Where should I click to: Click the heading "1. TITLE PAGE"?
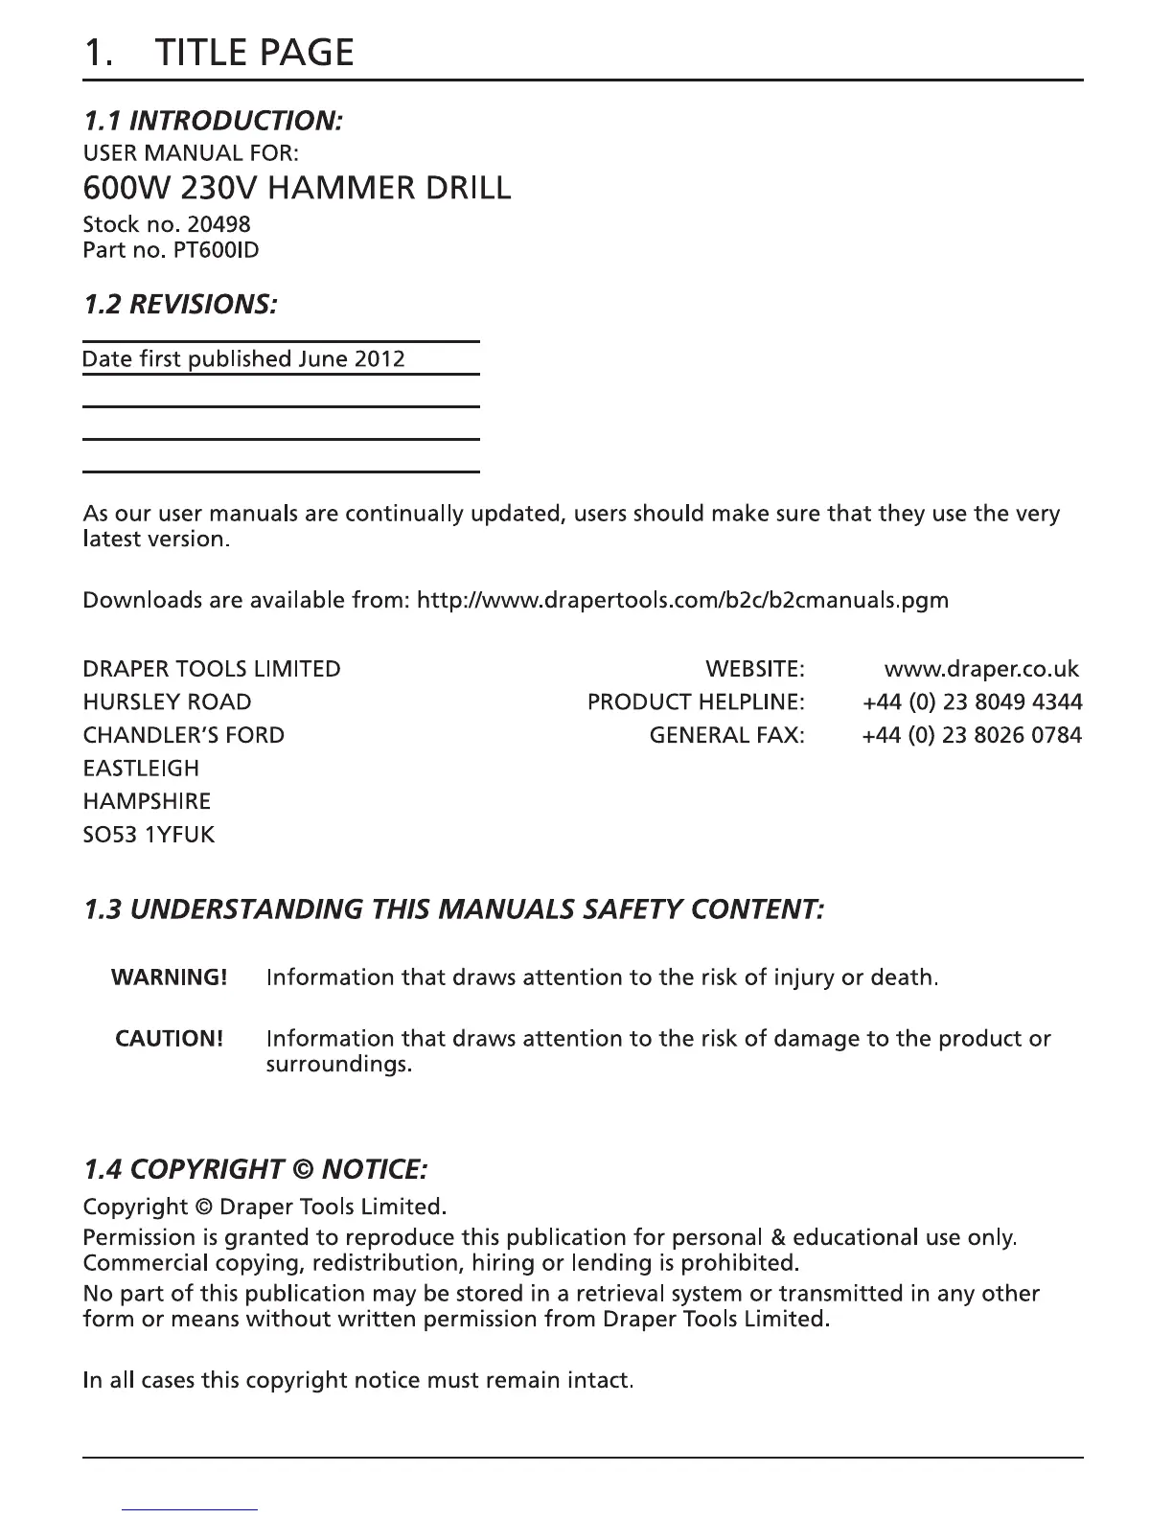[x=218, y=52]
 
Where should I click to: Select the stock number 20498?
[x=220, y=224]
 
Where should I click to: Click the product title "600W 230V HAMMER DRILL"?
[x=297, y=187]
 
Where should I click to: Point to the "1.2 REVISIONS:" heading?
[x=181, y=305]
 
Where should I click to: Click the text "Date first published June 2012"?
[x=243, y=358]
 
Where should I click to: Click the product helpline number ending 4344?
[x=972, y=701]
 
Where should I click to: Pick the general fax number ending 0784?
[x=972, y=735]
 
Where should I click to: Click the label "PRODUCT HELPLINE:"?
[x=696, y=701]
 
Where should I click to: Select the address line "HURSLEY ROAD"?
[x=167, y=701]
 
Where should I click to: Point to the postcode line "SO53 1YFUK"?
[x=149, y=834]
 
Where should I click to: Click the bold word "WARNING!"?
[x=169, y=977]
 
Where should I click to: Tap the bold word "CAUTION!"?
[x=169, y=1039]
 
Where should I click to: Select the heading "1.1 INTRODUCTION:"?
[x=213, y=121]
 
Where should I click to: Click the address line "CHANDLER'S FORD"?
[x=183, y=735]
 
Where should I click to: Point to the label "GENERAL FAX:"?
[x=726, y=735]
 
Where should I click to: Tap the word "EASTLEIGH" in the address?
[x=141, y=768]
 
